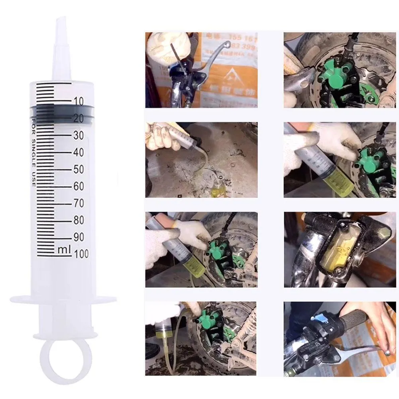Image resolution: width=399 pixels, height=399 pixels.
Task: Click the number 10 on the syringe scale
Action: [x=79, y=101]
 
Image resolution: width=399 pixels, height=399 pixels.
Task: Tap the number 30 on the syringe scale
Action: [x=79, y=136]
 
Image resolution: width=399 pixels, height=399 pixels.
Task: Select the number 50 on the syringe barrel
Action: [x=79, y=169]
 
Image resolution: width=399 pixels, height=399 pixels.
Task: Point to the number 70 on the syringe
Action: [x=79, y=203]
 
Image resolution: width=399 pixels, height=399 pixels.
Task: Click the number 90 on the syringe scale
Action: [x=79, y=237]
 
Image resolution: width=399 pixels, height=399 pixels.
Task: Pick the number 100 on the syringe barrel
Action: [x=81, y=254]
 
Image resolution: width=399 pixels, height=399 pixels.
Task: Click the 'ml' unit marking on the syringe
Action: [x=64, y=250]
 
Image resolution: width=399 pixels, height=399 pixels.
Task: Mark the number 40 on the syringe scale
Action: [x=79, y=152]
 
